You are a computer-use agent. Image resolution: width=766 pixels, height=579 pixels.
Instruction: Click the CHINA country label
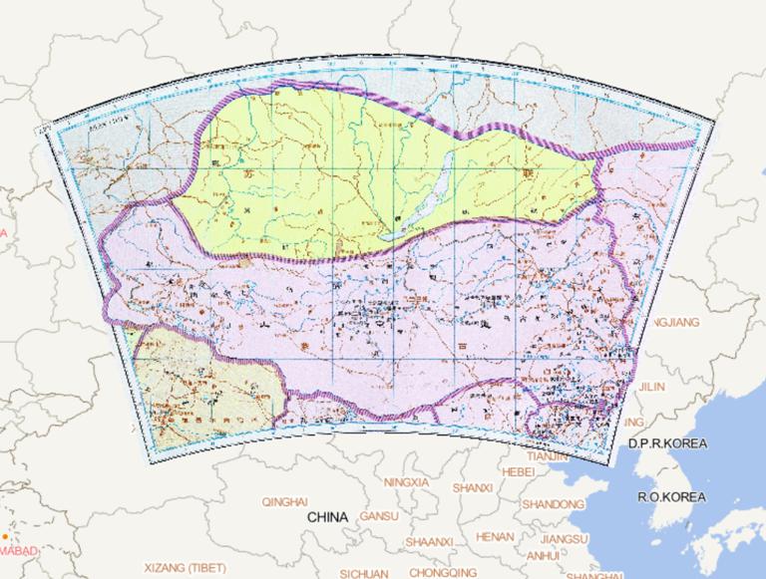point(327,518)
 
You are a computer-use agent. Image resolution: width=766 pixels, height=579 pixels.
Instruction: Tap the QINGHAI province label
point(284,502)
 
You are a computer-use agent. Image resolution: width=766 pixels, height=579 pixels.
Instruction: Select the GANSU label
point(378,516)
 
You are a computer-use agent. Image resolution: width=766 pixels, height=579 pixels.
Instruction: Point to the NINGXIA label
point(405,482)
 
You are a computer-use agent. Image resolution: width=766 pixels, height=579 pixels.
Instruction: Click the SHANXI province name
point(472,487)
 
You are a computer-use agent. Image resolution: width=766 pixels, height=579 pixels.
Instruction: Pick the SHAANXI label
point(430,540)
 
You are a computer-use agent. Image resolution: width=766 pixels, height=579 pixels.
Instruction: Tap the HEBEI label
point(519,471)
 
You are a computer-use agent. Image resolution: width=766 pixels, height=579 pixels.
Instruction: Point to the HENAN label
point(495,536)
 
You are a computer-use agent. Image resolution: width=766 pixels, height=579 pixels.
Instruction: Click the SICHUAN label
point(364,574)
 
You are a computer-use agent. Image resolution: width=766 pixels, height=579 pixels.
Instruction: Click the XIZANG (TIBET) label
point(185,567)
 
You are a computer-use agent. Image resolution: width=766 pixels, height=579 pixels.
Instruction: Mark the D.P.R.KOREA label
point(666,443)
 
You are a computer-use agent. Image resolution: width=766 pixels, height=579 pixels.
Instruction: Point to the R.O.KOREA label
point(672,496)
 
